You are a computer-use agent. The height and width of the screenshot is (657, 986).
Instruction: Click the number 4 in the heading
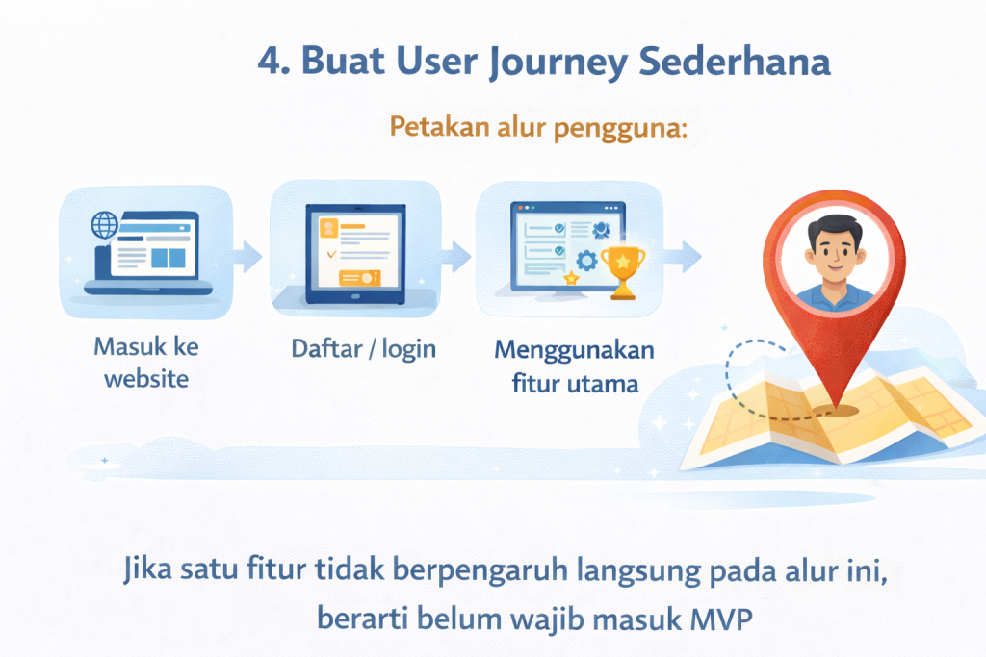(272, 62)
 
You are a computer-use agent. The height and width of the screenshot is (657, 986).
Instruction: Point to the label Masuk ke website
(146, 362)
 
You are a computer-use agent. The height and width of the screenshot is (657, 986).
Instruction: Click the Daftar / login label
(363, 348)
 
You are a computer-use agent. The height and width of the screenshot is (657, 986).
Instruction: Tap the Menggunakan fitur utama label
(574, 366)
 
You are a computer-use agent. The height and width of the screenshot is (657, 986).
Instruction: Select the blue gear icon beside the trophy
(585, 261)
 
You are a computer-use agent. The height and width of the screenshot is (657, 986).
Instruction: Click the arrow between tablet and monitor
(454, 254)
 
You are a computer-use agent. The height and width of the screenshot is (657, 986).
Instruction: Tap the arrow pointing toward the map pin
(685, 254)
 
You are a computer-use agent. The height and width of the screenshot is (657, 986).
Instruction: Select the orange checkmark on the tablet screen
(332, 255)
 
